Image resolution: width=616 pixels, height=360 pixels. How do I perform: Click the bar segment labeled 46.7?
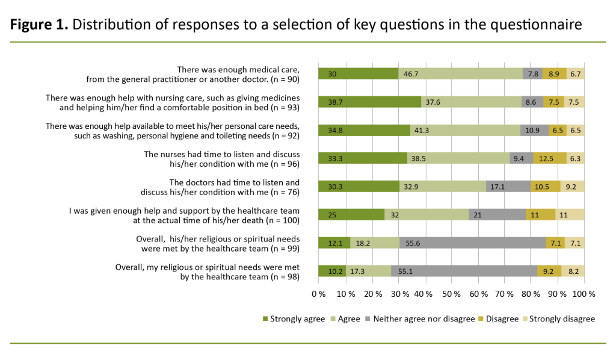460,73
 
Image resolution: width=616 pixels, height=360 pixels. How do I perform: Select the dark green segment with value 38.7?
369,102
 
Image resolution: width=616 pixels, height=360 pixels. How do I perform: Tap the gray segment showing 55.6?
472,243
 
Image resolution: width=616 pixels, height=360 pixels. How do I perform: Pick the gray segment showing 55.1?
464,271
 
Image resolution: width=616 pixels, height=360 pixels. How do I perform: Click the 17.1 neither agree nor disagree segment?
508,186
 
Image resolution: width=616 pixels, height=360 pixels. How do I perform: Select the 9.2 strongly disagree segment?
572,186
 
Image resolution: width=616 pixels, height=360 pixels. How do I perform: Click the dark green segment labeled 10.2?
331,271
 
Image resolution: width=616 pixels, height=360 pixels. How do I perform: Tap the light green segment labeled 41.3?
466,130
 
